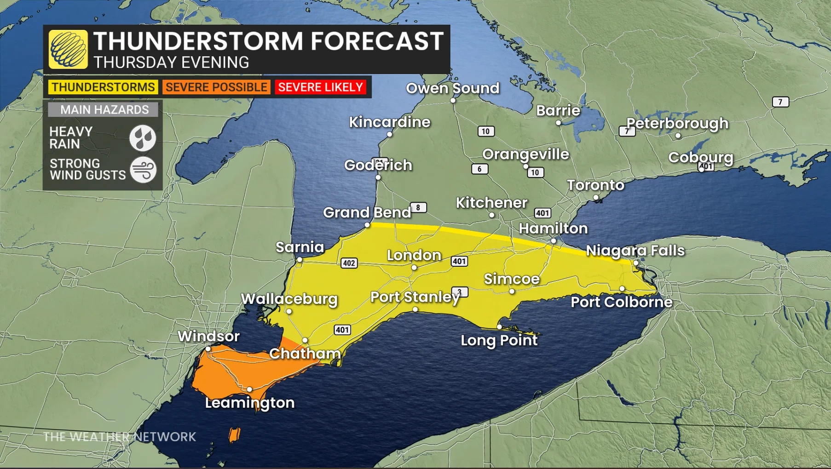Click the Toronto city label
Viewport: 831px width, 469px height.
tap(595, 185)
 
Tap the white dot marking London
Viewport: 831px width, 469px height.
tap(414, 268)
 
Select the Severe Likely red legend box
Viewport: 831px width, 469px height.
tap(321, 87)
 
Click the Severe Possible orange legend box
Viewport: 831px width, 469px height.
tap(216, 87)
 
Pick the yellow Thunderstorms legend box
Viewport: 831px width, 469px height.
tap(103, 87)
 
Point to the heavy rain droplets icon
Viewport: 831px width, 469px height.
tap(143, 138)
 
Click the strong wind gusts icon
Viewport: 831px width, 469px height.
tap(143, 170)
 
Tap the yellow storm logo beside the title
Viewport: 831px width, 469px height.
tap(69, 50)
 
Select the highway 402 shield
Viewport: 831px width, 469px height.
tap(349, 263)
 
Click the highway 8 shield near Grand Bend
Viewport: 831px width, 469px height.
tap(418, 207)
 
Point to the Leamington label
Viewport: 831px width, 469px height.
tap(250, 403)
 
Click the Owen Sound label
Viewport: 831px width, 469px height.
tap(452, 88)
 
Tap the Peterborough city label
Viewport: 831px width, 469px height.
tap(677, 123)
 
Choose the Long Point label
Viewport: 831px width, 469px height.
tap(499, 340)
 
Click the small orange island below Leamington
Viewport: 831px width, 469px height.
tap(234, 435)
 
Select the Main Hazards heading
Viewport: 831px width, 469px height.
tap(104, 110)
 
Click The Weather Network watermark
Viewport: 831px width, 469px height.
tap(120, 436)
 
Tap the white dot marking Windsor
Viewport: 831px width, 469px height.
tap(208, 349)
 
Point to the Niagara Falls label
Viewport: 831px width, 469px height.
tap(635, 251)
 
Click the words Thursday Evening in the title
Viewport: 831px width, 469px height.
tap(171, 63)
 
